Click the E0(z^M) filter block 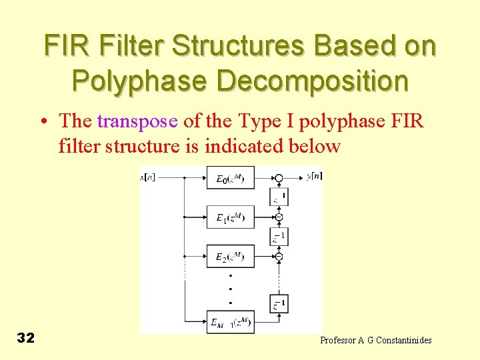click(x=230, y=178)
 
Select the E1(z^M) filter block click(x=230, y=217)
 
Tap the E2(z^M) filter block click(x=230, y=257)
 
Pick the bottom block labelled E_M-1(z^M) click(x=230, y=323)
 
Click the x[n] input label click(x=148, y=177)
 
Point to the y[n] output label click(x=313, y=176)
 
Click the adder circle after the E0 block click(x=279, y=178)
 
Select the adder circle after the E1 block click(x=279, y=217)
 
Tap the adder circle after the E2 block click(x=279, y=257)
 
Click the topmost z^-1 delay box click(x=279, y=197)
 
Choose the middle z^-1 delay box click(x=279, y=237)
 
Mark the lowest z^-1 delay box click(x=279, y=303)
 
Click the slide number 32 click(x=25, y=338)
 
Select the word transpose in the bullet click(x=137, y=121)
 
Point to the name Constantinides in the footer click(x=404, y=340)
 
